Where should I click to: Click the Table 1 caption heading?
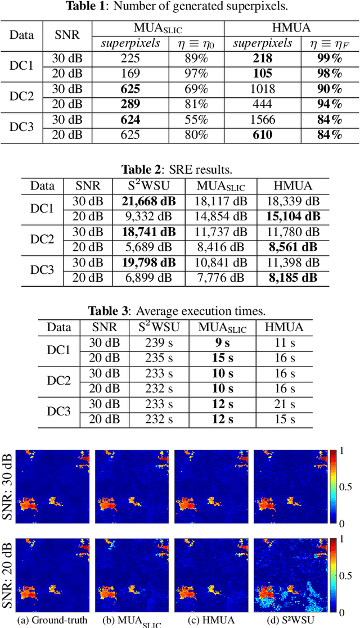click(x=179, y=6)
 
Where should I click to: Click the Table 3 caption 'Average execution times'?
click(x=179, y=311)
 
